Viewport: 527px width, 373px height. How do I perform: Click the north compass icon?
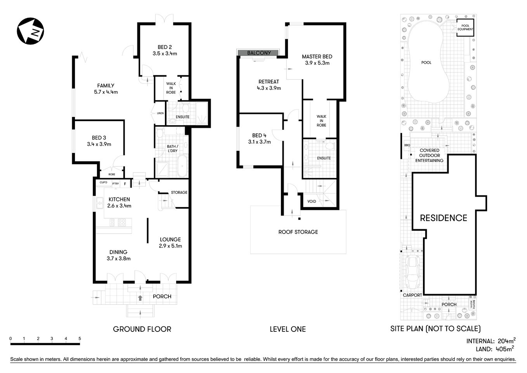pyautogui.click(x=30, y=31)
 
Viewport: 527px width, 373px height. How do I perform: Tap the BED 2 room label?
pyautogui.click(x=165, y=50)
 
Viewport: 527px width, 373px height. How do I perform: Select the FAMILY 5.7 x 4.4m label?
pyautogui.click(x=106, y=89)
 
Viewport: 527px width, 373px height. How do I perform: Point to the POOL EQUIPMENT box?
pyautogui.click(x=465, y=28)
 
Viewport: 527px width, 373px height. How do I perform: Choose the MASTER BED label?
pyautogui.click(x=317, y=59)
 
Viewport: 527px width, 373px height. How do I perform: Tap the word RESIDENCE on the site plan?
pyautogui.click(x=443, y=218)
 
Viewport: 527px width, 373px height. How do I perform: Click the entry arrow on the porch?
pyautogui.click(x=140, y=298)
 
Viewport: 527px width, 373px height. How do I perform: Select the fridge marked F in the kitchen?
pyautogui.click(x=125, y=184)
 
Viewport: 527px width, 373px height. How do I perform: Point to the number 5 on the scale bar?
pyautogui.click(x=80, y=338)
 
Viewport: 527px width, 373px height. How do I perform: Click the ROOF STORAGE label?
pyautogui.click(x=298, y=232)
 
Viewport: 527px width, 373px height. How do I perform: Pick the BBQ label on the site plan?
pyautogui.click(x=407, y=145)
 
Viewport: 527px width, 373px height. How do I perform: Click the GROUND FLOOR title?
pyautogui.click(x=142, y=329)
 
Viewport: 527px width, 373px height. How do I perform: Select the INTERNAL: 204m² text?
pyautogui.click(x=491, y=341)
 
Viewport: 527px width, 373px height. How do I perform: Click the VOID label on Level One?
pyautogui.click(x=311, y=201)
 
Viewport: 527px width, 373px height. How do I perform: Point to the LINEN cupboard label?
pyautogui.click(x=160, y=113)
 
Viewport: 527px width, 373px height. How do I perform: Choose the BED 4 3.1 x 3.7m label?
pyautogui.click(x=259, y=139)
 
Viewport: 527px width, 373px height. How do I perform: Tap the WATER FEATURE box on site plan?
pyautogui.click(x=472, y=304)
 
